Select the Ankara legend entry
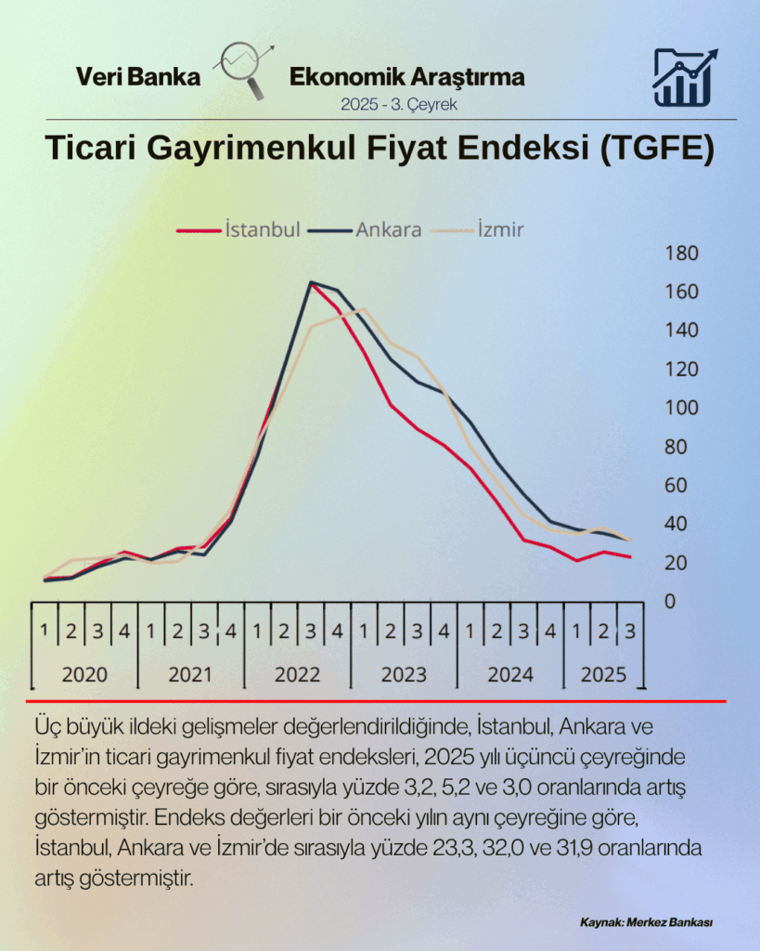pyautogui.click(x=366, y=228)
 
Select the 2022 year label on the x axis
pyautogui.click(x=297, y=675)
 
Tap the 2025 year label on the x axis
pyautogui.click(x=603, y=675)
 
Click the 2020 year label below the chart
pyautogui.click(x=84, y=675)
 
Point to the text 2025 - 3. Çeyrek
pyautogui.click(x=398, y=104)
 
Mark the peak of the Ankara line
pyautogui.click(x=310, y=282)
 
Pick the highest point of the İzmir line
pyautogui.click(x=363, y=309)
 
